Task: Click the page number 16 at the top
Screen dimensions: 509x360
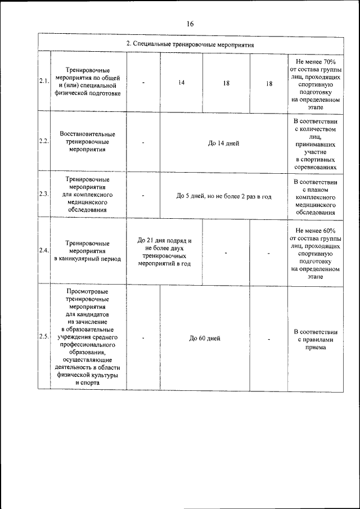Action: [190, 24]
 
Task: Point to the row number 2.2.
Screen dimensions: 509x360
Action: [44, 141]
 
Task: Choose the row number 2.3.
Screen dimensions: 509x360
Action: [44, 194]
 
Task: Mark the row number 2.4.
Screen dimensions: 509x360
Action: [44, 250]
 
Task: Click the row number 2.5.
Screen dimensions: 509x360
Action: [44, 337]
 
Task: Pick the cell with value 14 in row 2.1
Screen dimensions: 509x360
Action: [181, 83]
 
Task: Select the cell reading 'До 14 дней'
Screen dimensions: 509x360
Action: [223, 143]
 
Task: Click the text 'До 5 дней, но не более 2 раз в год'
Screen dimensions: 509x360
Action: [224, 196]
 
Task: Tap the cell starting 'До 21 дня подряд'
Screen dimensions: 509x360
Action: [164, 251]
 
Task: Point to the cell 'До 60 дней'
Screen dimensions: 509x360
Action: [204, 338]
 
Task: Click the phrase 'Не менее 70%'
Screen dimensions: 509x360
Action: [315, 61]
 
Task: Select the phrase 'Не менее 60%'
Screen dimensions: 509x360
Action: [315, 230]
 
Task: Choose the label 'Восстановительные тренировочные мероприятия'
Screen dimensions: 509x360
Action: [88, 142]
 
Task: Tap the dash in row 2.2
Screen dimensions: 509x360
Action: [144, 143]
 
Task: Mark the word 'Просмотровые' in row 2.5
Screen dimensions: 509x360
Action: [87, 291]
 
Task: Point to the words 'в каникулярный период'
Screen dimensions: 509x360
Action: [88, 259]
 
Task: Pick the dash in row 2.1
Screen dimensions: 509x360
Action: [144, 83]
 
